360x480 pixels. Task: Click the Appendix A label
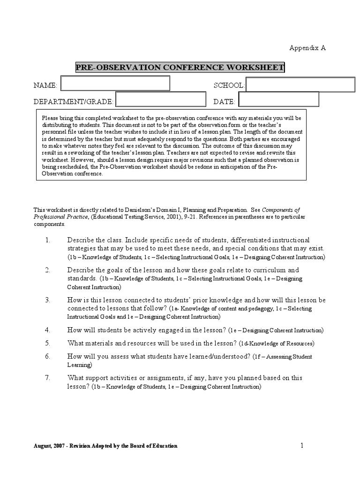(x=307, y=48)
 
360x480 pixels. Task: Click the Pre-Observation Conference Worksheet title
(x=180, y=67)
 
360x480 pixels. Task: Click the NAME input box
(x=115, y=83)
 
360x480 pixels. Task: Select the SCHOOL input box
(x=300, y=85)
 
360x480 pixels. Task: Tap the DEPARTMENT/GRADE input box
(x=161, y=99)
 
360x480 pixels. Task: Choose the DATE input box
(x=278, y=99)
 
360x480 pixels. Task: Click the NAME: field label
(x=45, y=85)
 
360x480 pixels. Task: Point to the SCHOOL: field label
(x=229, y=85)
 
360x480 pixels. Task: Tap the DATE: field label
(x=224, y=102)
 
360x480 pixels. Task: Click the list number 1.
(x=48, y=240)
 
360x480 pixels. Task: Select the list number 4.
(x=48, y=330)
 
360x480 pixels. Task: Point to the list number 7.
(x=48, y=378)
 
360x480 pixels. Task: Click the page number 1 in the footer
(x=302, y=445)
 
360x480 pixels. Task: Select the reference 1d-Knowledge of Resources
(x=277, y=344)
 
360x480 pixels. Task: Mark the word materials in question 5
(x=100, y=343)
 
